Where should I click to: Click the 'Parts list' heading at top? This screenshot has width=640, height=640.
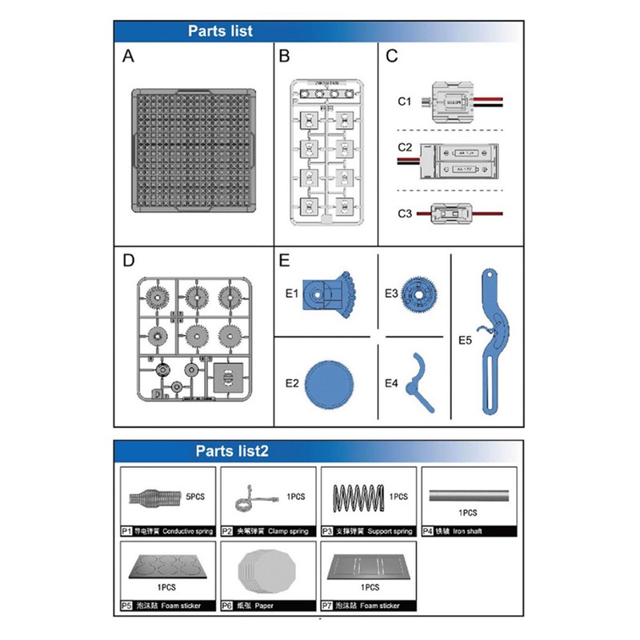(x=220, y=31)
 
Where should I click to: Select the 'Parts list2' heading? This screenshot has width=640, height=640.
(x=232, y=451)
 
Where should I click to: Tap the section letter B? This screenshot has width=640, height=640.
(x=284, y=56)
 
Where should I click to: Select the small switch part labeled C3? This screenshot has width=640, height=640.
(x=453, y=214)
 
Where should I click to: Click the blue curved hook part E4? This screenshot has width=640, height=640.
(x=421, y=382)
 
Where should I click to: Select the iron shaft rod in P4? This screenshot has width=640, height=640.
(x=468, y=496)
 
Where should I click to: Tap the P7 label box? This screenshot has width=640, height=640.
(x=327, y=606)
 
